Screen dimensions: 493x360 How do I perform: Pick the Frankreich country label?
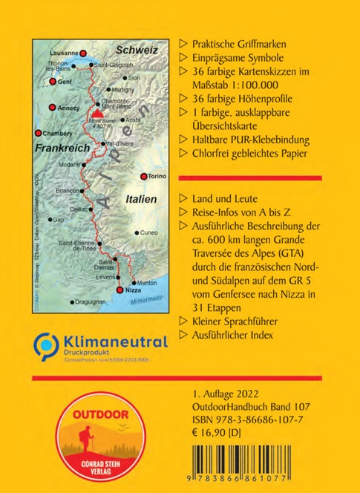click(58, 148)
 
